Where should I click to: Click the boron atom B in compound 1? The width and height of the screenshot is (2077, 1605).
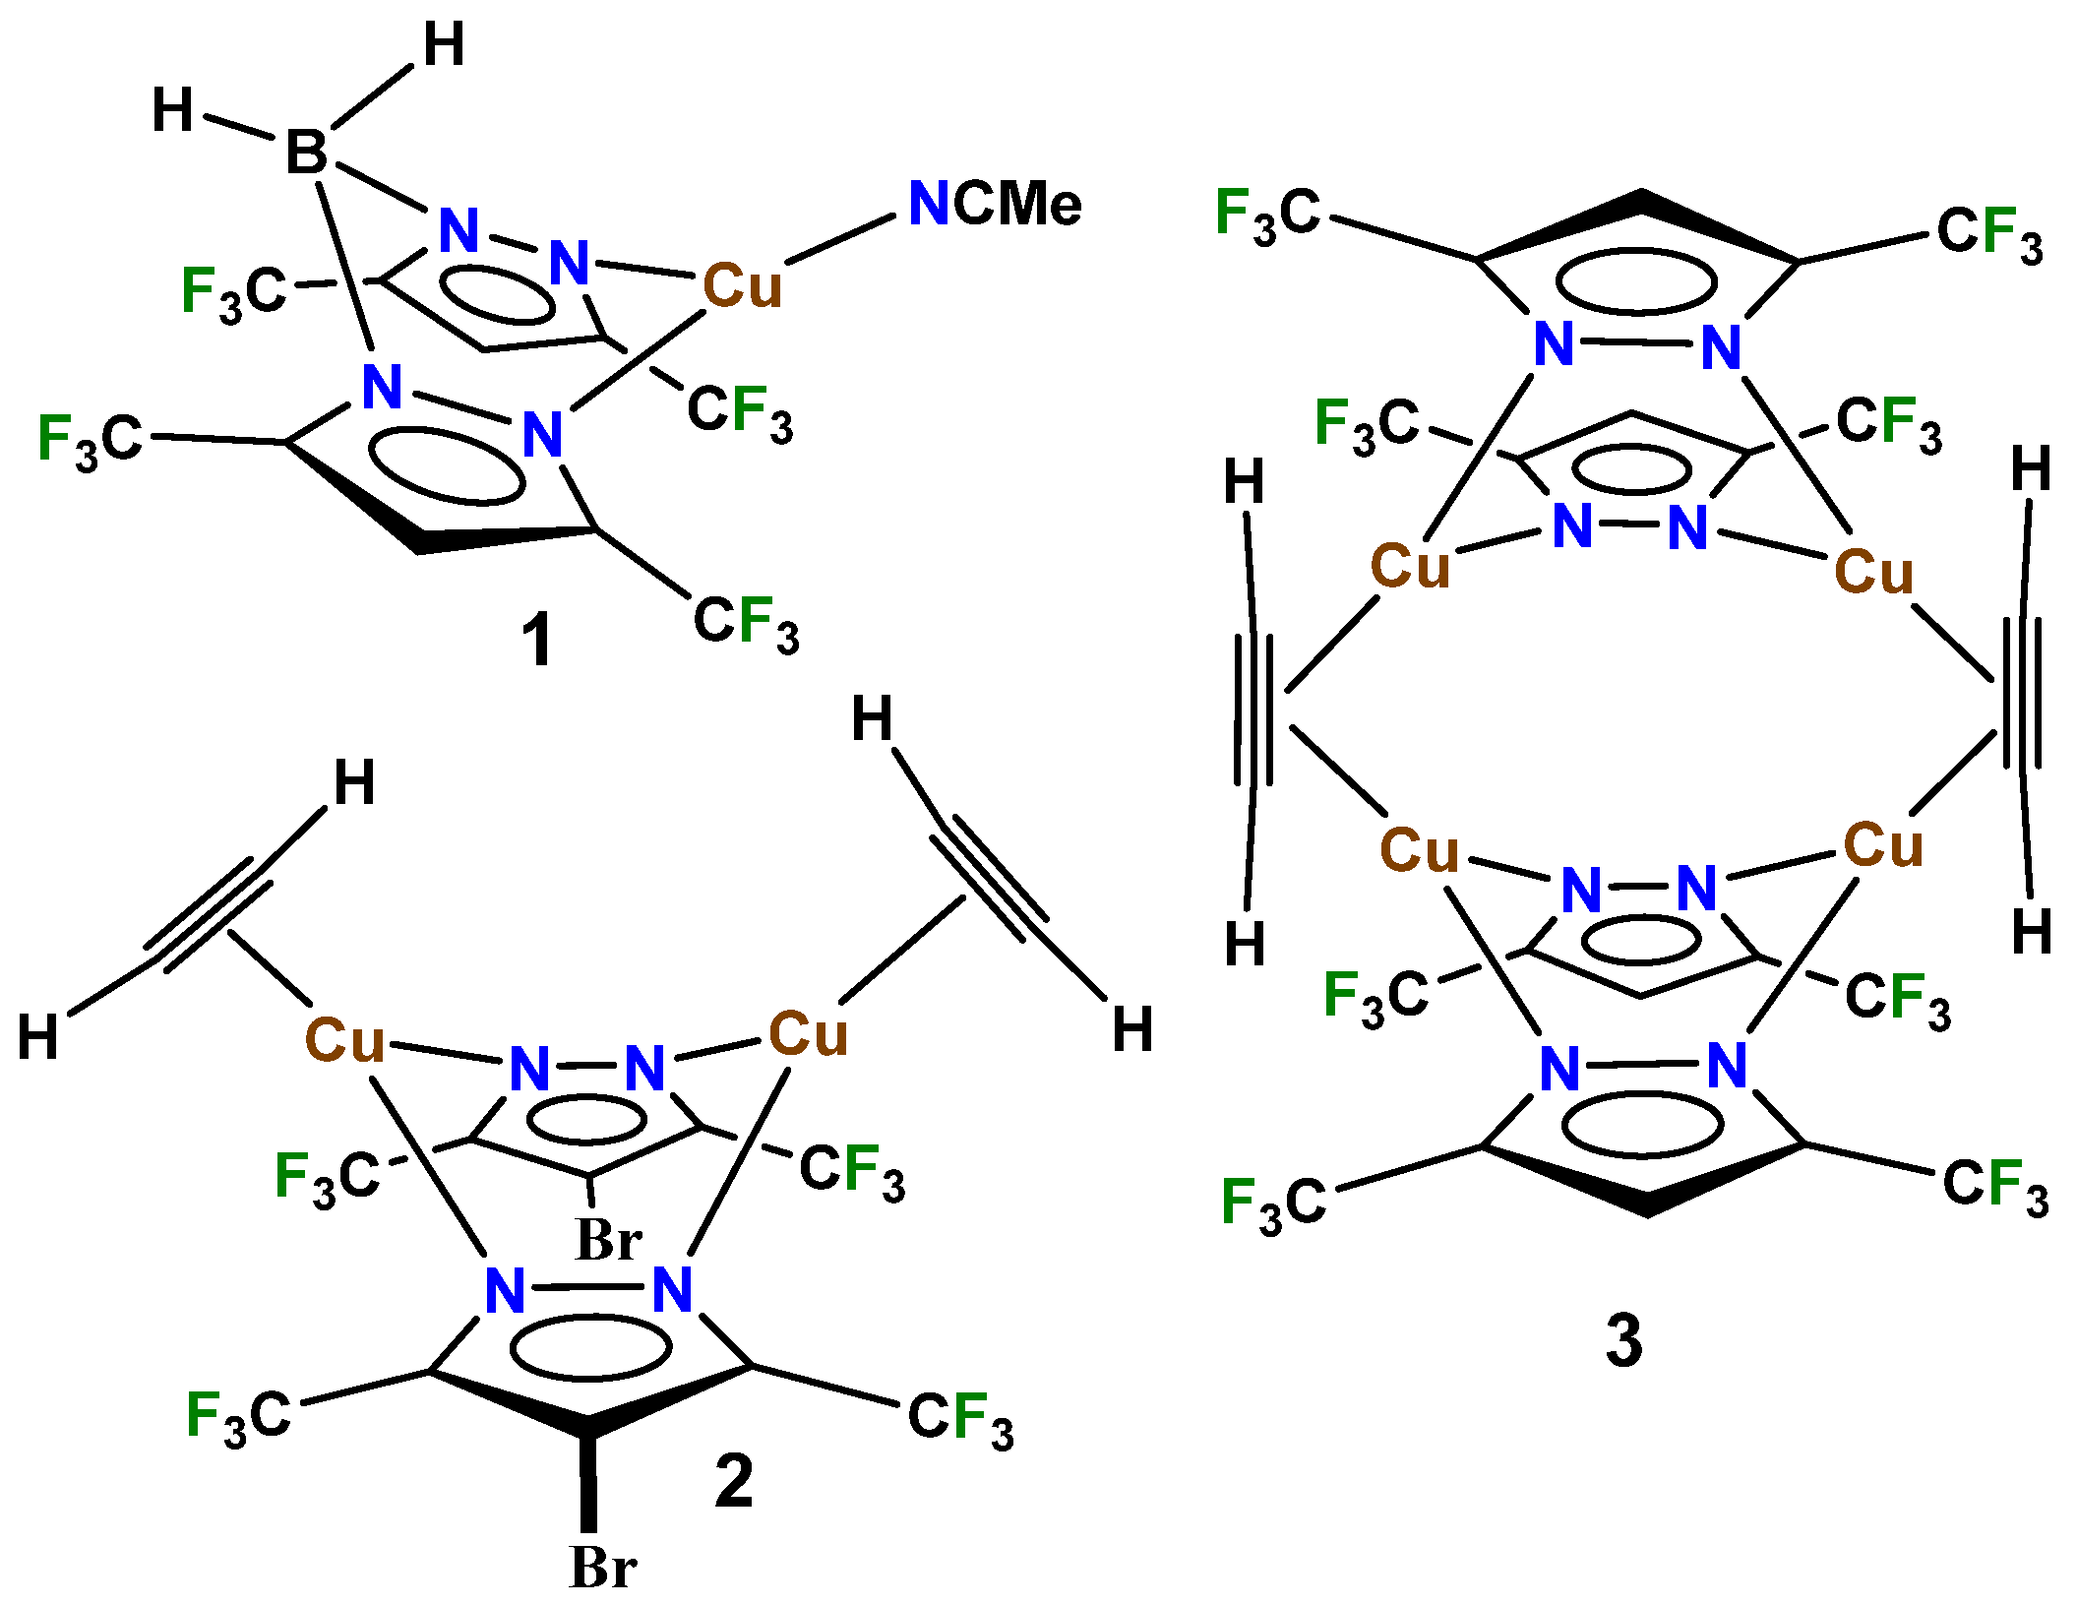pos(306,154)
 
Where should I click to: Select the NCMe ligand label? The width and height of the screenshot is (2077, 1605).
pos(994,205)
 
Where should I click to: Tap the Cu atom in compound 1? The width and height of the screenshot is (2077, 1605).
pos(742,287)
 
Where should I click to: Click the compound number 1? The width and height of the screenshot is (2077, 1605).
pos(537,641)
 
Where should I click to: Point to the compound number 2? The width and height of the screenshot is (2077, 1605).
pos(734,1481)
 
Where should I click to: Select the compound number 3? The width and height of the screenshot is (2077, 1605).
pos(1624,1340)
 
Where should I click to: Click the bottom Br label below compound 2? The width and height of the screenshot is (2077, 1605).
pos(602,1568)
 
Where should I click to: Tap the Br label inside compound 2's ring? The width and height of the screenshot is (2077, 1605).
pos(609,1240)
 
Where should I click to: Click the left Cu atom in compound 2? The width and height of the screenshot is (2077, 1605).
pos(343,1040)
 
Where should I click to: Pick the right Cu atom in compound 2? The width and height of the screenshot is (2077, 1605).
pos(807,1034)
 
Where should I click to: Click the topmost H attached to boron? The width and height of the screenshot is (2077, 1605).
pos(444,45)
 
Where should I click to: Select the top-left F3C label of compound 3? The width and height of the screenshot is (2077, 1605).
pos(1267,215)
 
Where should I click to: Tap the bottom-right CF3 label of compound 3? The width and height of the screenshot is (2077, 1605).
pos(1995,1185)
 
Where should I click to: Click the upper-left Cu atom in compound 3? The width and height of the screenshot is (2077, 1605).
pos(1410,567)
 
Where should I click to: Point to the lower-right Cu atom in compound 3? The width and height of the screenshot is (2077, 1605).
pos(1883,845)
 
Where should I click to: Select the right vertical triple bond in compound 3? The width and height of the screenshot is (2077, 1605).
pos(2022,694)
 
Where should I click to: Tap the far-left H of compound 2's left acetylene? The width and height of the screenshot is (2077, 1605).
pos(38,1037)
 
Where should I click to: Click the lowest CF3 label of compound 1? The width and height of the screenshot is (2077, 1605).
pos(746,623)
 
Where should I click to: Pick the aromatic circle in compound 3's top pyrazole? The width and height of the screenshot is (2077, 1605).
pos(1636,282)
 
